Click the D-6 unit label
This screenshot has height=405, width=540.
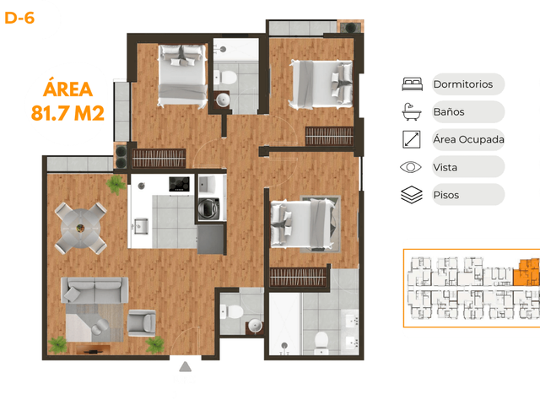(19, 18)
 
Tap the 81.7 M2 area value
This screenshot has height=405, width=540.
(67, 113)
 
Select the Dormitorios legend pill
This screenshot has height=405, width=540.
(468, 84)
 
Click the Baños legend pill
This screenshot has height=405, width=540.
(468, 111)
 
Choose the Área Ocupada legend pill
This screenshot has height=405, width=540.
(468, 139)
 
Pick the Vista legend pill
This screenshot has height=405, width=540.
(468, 167)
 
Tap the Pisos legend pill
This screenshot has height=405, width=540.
(468, 195)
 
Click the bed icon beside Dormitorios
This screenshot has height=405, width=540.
(413, 84)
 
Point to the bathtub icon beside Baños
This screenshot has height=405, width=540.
(412, 111)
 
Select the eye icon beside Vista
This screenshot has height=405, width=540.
(411, 167)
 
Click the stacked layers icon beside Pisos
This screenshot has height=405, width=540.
(412, 195)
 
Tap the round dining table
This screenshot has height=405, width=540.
(81, 228)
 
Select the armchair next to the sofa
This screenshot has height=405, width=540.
(142, 322)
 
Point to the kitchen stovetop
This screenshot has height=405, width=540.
(179, 184)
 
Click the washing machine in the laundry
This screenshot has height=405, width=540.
(208, 208)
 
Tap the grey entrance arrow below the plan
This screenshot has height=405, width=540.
(186, 367)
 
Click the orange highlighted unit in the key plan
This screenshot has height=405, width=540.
(526, 273)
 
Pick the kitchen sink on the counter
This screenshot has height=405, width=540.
(141, 226)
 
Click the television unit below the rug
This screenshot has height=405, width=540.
(93, 349)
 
